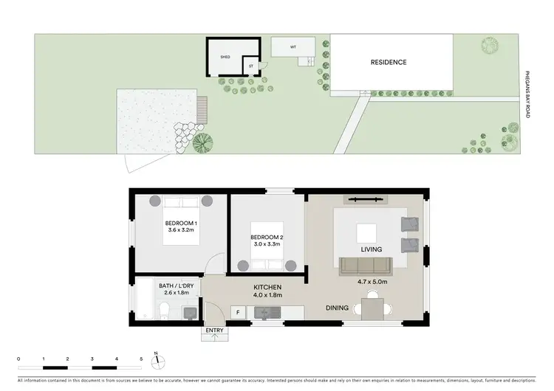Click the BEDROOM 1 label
coord(180,223)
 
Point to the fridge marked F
coord(238,313)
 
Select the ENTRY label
coord(214,330)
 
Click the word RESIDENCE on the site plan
coord(389,63)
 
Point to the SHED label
coord(225,56)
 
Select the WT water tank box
coord(293,46)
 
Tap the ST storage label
coord(251,66)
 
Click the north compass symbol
coord(156,361)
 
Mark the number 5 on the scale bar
coord(141,358)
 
